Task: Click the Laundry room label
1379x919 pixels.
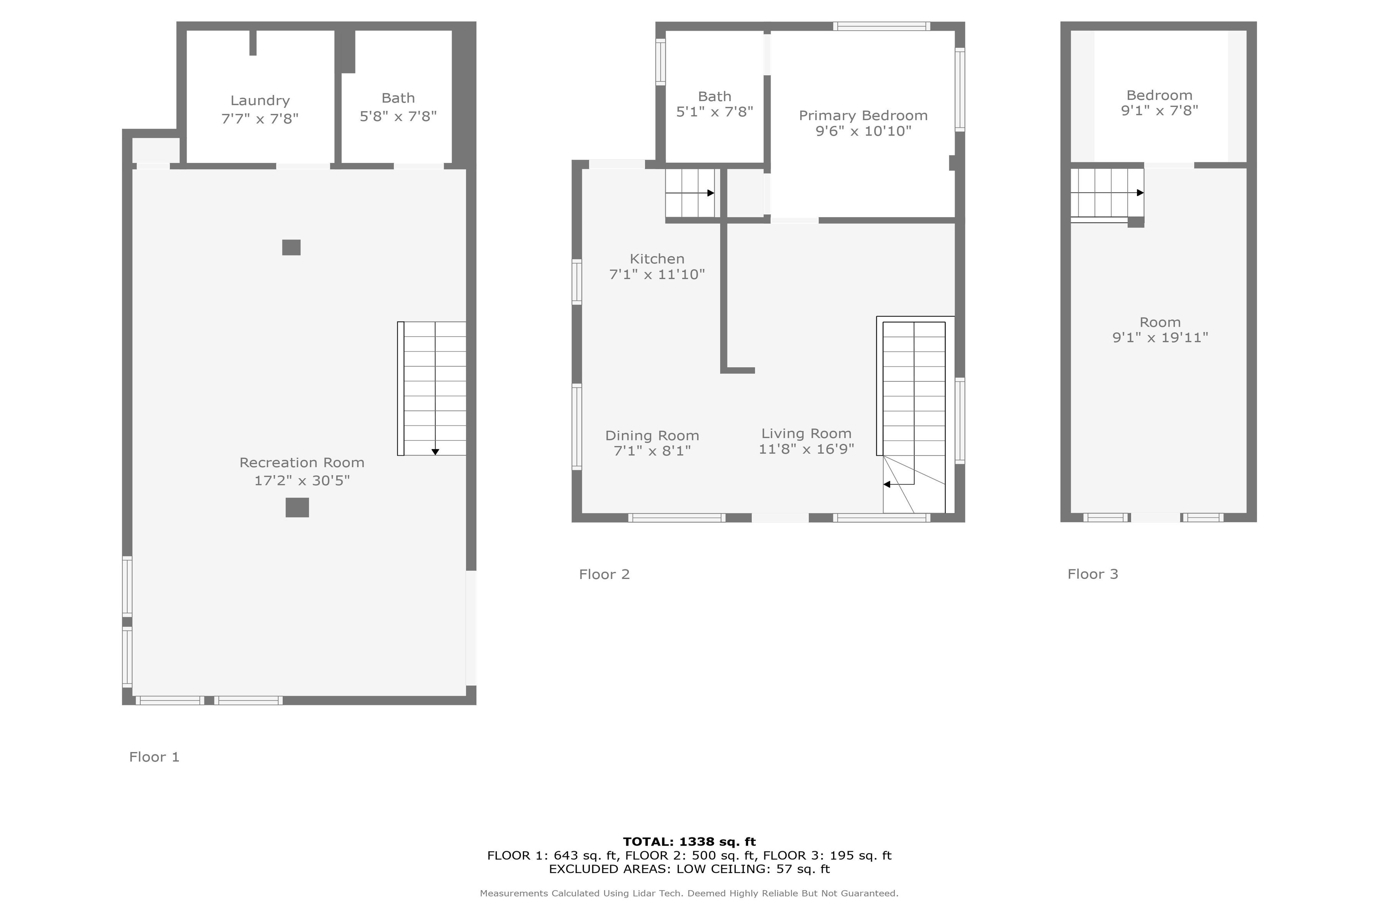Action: (260, 101)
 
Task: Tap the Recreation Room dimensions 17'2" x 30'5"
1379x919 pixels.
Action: (302, 481)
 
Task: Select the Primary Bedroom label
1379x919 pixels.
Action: (863, 116)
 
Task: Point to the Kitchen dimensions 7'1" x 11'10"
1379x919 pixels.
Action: (657, 274)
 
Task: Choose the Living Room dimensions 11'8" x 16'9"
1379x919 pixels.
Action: (806, 449)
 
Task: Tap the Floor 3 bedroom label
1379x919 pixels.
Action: (1159, 95)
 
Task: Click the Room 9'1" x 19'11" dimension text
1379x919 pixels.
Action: (1160, 338)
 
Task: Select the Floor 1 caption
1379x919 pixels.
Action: (154, 757)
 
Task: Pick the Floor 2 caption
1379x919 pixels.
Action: (604, 574)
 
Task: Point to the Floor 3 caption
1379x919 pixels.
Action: (1092, 574)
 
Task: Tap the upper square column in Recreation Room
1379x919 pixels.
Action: (292, 247)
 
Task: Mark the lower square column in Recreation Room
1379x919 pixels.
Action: (297, 508)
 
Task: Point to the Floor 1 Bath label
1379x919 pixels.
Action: (398, 98)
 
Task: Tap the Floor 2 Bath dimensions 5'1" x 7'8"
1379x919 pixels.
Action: (715, 111)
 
